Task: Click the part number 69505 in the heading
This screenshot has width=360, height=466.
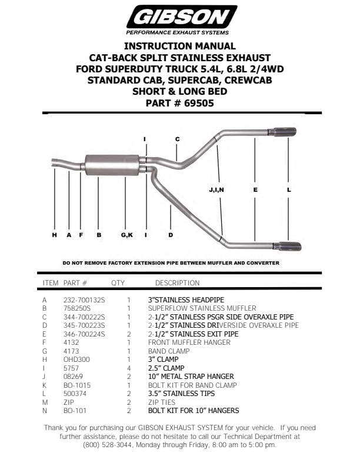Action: pos(197,103)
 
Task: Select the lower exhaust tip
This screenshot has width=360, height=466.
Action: pos(286,247)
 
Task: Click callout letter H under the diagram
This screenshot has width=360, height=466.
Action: pos(54,235)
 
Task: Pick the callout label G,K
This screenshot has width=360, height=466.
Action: pos(127,235)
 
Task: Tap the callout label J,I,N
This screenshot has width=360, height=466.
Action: pos(216,190)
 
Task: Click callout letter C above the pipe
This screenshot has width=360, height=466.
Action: pos(177,139)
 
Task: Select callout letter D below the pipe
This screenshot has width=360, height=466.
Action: pos(171,235)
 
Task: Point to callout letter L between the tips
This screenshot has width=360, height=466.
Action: pos(289,190)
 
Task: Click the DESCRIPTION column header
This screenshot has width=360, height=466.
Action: pos(177,283)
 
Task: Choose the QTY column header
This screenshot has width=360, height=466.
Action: pos(118,283)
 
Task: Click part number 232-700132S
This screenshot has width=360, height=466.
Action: pos(84,300)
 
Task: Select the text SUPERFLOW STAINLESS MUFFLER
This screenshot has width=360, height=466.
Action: pos(202,308)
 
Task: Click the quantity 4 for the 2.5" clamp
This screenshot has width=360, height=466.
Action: pos(128,368)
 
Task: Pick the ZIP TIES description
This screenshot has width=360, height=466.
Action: pos(162,402)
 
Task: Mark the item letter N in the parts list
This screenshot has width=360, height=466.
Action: pos(45,411)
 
